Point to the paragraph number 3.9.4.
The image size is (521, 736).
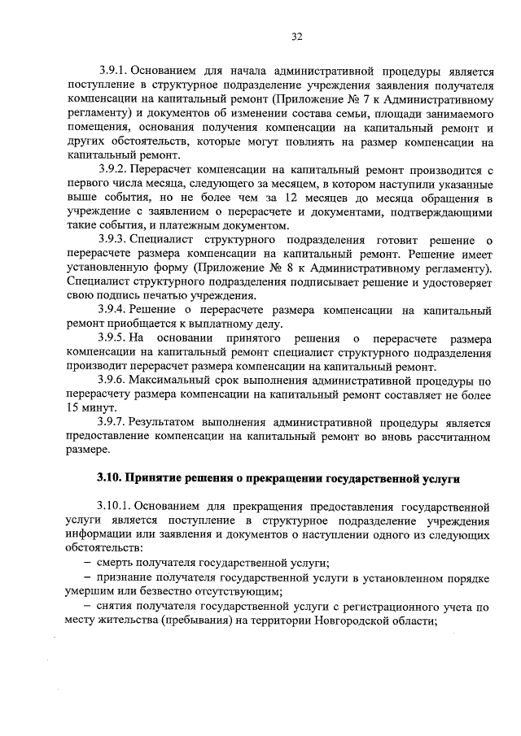[x=113, y=311]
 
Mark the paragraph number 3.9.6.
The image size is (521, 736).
[x=113, y=381]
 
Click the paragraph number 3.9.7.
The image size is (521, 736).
[x=113, y=423]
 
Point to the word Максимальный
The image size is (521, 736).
[x=175, y=381]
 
